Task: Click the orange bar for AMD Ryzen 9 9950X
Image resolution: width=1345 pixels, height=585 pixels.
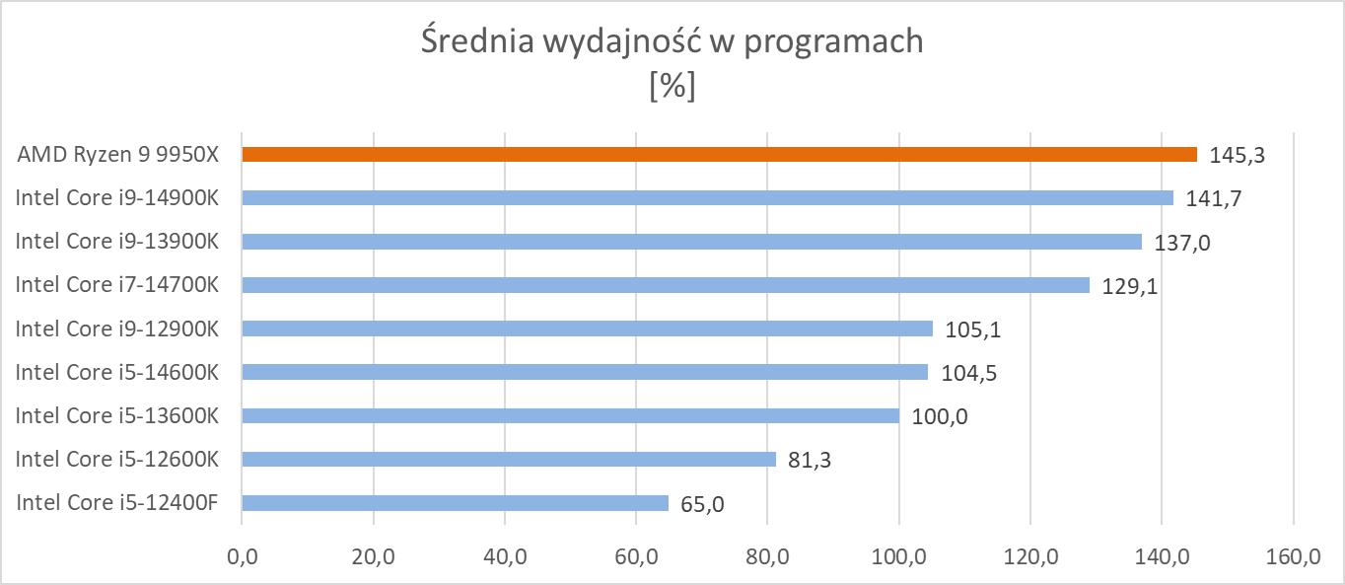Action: click(719, 154)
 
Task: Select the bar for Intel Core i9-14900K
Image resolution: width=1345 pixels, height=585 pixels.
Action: click(707, 197)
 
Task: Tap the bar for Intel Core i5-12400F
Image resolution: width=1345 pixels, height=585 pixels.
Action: click(455, 503)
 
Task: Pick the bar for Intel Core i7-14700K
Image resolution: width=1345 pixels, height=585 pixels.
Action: click(666, 285)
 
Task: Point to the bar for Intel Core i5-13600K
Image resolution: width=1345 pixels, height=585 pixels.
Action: click(570, 415)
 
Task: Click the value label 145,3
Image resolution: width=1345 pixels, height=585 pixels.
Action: click(1232, 155)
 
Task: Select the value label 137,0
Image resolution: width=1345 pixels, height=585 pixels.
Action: click(1180, 243)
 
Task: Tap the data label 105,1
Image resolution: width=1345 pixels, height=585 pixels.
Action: click(971, 329)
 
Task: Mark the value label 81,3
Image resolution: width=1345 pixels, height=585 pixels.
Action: click(810, 460)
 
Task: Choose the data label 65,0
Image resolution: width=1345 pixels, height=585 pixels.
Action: click(702, 504)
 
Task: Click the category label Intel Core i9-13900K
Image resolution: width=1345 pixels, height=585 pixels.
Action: click(116, 241)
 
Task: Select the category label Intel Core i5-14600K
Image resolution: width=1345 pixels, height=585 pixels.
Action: click(116, 372)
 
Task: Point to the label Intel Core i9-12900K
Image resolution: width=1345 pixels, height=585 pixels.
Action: click(116, 329)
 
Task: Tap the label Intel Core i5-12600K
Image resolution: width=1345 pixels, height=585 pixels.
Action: click(116, 459)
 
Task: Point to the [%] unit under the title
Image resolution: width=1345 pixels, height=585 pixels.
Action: click(672, 87)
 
